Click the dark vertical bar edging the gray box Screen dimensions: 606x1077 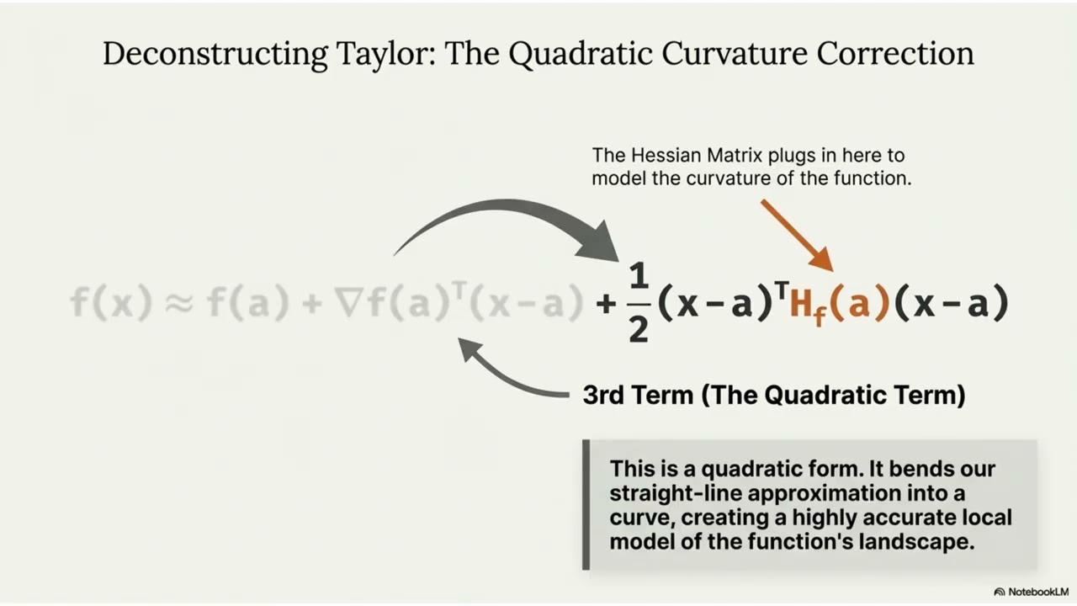(x=586, y=504)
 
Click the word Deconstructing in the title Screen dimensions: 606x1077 (x=215, y=54)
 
